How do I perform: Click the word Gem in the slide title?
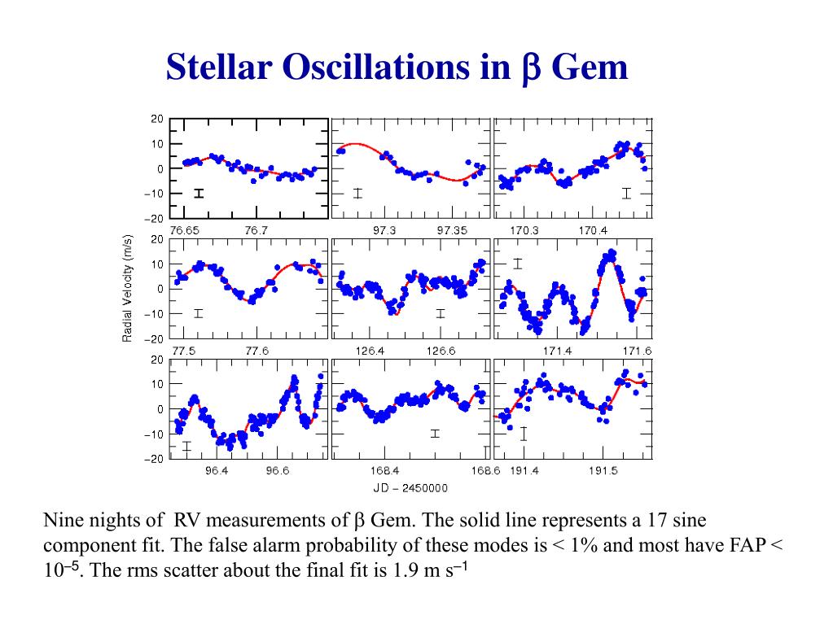pyautogui.click(x=590, y=67)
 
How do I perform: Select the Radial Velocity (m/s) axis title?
pyautogui.click(x=128, y=289)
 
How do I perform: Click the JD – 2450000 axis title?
pyautogui.click(x=410, y=488)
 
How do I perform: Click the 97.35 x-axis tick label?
pyautogui.click(x=454, y=230)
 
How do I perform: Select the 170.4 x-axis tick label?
pyautogui.click(x=593, y=230)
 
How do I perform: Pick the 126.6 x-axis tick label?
pyautogui.click(x=441, y=351)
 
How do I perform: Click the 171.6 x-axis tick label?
pyautogui.click(x=638, y=351)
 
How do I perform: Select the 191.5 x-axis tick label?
pyautogui.click(x=603, y=471)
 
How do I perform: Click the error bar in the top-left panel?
pyautogui.click(x=198, y=193)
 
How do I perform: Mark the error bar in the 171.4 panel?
pyautogui.click(x=517, y=263)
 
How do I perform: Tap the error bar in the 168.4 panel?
pyautogui.click(x=435, y=434)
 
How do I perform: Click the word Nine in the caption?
pyautogui.click(x=61, y=522)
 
